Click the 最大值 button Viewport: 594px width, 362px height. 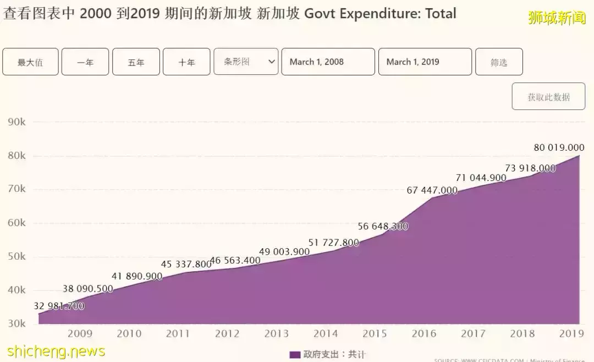(x=30, y=62)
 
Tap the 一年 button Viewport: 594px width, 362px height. (x=85, y=62)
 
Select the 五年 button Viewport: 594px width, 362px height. (x=136, y=62)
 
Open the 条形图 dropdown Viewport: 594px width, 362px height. (x=246, y=62)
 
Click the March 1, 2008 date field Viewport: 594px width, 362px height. (x=328, y=62)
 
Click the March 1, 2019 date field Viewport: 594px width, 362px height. (x=425, y=62)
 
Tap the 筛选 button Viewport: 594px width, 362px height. (x=499, y=62)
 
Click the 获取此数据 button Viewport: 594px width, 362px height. (x=548, y=97)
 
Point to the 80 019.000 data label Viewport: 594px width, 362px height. (x=559, y=147)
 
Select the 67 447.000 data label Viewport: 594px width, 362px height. (x=432, y=190)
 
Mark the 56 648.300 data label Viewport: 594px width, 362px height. (x=383, y=226)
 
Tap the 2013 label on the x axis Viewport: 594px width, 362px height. (x=277, y=333)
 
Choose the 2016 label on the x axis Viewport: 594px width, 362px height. (x=424, y=333)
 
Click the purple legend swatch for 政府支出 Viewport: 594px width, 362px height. (x=295, y=355)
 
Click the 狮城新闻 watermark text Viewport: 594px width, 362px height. (x=557, y=18)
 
